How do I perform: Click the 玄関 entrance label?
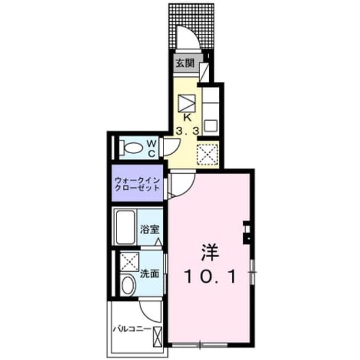[x=185, y=63]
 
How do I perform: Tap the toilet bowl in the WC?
[x=133, y=147]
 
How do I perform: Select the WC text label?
[x=151, y=149]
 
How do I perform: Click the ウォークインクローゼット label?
[x=137, y=184]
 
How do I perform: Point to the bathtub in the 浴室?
[x=125, y=227]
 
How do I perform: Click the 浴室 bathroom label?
[x=150, y=229]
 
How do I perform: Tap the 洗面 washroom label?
[x=150, y=274]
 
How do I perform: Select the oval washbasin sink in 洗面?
[x=127, y=285]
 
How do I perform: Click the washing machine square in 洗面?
[x=130, y=262]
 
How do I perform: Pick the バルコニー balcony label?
[x=132, y=329]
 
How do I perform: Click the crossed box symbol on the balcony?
[x=158, y=337]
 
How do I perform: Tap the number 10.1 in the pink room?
[x=210, y=277]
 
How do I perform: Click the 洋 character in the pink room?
[x=210, y=252]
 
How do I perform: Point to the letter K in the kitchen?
[x=187, y=118]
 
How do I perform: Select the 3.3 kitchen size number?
[x=187, y=131]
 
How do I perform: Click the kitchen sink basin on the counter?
[x=211, y=126]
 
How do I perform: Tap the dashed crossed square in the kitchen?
[x=207, y=154]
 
